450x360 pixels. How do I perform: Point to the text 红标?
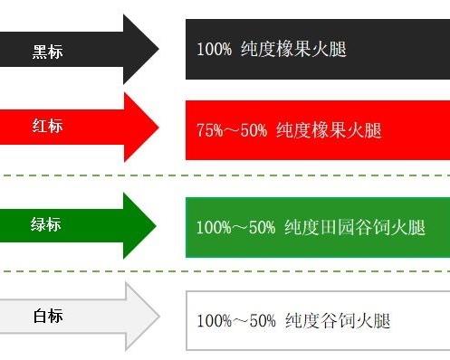[47, 126]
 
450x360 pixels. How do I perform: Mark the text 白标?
[48, 317]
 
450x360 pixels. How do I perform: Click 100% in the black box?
[214, 48]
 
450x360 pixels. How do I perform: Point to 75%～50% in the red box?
[231, 129]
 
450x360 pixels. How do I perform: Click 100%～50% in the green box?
[235, 227]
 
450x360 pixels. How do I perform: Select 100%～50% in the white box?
[235, 321]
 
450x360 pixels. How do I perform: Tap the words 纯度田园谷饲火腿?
[354, 227]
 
